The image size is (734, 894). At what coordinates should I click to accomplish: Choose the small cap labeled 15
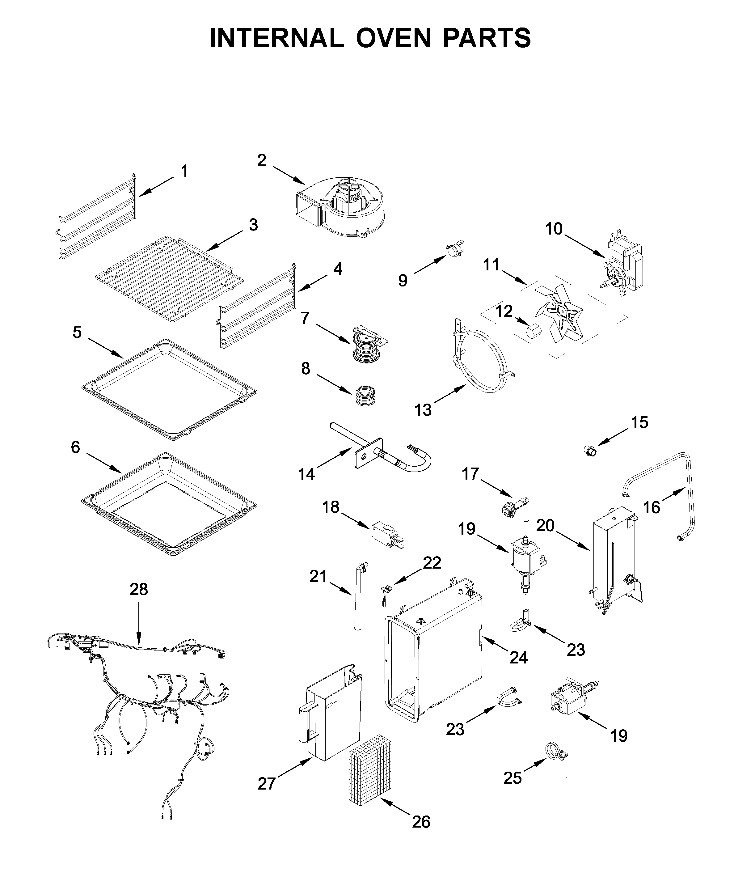(591, 451)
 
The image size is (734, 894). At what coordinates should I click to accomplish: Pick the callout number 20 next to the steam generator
(545, 526)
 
